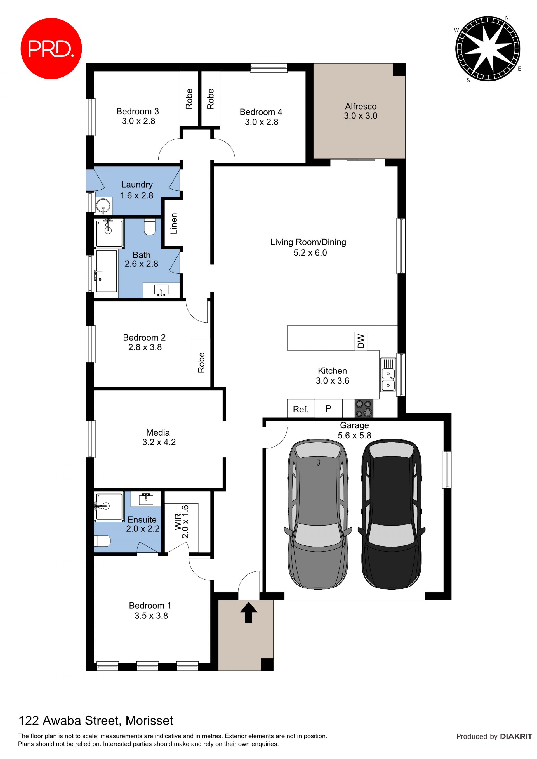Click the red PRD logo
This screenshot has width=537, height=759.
[51, 49]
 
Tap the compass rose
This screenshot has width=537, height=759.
[488, 49]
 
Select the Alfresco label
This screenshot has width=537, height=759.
[361, 107]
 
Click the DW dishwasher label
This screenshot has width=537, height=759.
[361, 341]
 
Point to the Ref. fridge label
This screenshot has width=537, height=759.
[301, 409]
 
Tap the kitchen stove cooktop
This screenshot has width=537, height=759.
[364, 409]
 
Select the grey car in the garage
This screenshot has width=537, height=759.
[318, 514]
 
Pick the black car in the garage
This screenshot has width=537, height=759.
[392, 514]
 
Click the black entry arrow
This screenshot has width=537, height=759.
[249, 612]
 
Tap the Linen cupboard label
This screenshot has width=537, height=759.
[174, 223]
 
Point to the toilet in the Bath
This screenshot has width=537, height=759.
[150, 227]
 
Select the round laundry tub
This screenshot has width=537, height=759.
[103, 206]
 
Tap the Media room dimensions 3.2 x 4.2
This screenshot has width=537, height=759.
[159, 442]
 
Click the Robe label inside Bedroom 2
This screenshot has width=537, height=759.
[201, 362]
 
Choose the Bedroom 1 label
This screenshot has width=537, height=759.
[150, 605]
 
